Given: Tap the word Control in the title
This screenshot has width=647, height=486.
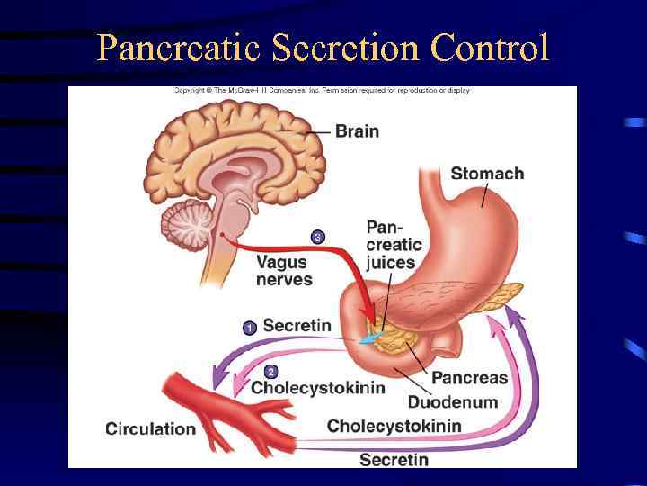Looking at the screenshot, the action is (490, 47).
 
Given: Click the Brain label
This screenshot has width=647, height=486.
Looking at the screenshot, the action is (357, 131).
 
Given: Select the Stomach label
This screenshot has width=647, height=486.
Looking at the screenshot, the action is (487, 173).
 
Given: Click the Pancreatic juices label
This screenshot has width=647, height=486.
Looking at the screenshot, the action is (393, 244).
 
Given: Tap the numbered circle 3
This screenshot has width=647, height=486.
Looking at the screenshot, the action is (316, 238).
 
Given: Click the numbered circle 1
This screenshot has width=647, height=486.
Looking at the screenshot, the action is (249, 328).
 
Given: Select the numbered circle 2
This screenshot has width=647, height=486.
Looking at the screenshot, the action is (270, 372).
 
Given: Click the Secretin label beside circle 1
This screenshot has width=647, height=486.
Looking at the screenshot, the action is (297, 326).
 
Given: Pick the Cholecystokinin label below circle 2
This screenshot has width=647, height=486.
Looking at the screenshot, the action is (317, 388).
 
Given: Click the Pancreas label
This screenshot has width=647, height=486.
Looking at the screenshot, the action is (469, 378).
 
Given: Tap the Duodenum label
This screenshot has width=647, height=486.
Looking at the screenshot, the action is (452, 401).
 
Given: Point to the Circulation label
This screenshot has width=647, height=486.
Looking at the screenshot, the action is (149, 428).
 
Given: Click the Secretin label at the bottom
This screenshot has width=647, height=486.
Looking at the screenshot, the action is (394, 460).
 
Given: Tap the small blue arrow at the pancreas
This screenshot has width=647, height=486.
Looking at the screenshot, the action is (370, 337).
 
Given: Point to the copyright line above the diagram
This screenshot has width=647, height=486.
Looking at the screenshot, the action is (322, 91).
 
